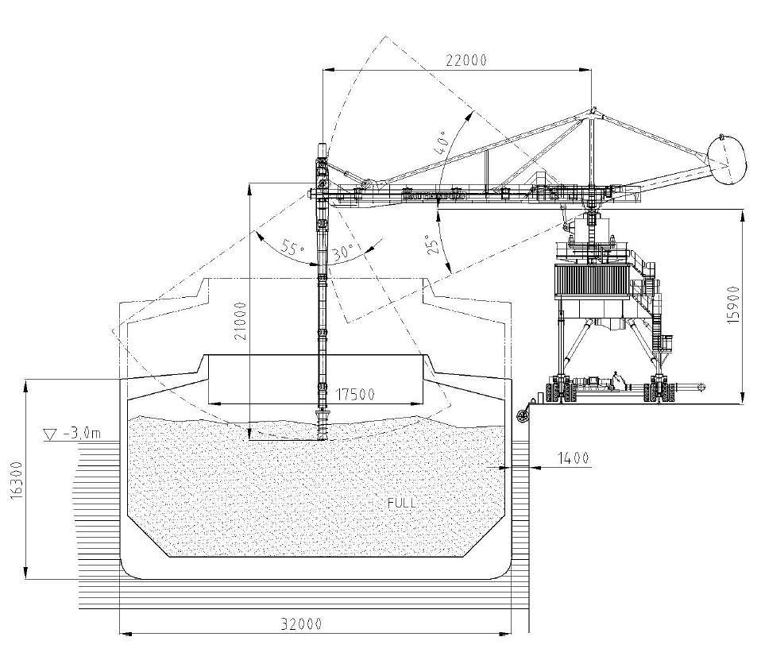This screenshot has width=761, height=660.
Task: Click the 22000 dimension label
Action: tap(465, 60)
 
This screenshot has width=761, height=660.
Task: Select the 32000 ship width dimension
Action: tap(301, 623)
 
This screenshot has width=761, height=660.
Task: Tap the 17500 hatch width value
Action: tap(355, 394)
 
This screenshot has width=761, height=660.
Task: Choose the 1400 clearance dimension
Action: tap(574, 457)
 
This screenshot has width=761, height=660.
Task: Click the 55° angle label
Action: tap(292, 249)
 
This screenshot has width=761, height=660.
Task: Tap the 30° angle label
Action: tap(344, 252)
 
